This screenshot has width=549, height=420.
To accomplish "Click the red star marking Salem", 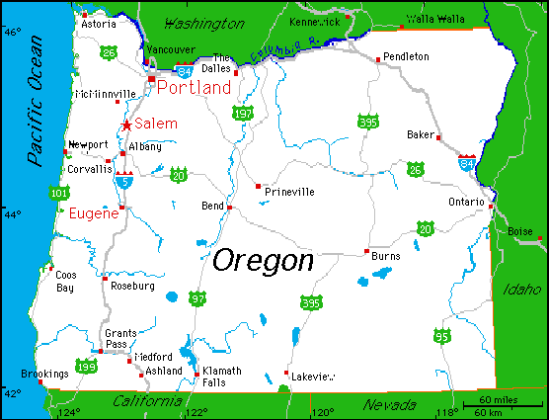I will [126, 125].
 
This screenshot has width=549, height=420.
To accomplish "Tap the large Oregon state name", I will [264, 261].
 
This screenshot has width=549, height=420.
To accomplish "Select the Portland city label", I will [194, 88].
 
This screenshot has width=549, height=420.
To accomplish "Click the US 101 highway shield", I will [59, 193].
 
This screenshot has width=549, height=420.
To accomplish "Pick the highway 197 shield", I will [243, 115].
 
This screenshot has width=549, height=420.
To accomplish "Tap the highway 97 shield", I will [198, 297].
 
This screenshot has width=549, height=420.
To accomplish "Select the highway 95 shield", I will [429, 336].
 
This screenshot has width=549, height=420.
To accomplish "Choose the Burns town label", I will [386, 256].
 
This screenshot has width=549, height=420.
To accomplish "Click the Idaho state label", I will [522, 290].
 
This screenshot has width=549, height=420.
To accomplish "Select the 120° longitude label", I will [322, 411].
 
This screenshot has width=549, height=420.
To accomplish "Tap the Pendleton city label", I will [406, 57].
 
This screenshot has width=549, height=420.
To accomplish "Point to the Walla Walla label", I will [434, 19].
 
